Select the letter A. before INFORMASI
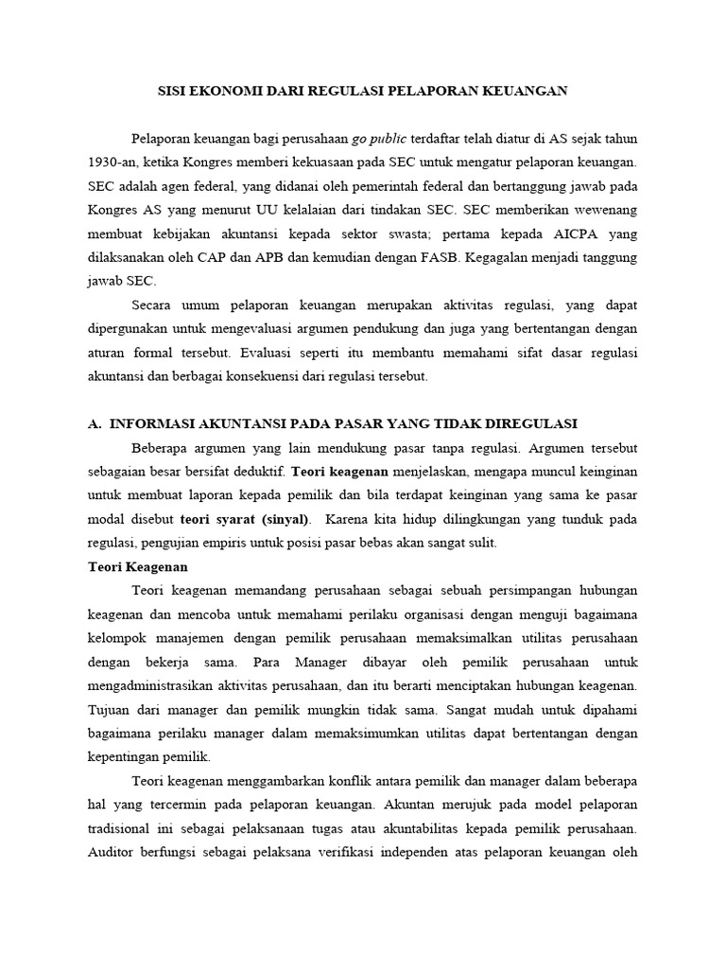(x=94, y=423)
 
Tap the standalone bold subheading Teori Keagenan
(x=138, y=566)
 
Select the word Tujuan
(x=111, y=709)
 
